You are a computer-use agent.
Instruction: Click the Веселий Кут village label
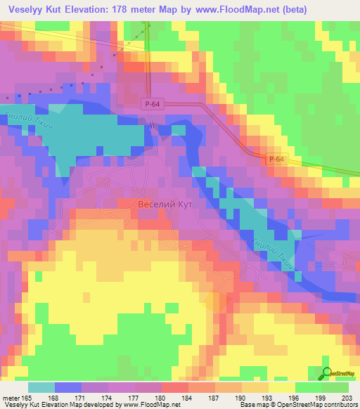168,204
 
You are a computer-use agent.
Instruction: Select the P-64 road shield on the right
276,160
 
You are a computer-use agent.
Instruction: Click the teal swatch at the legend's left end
41,387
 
